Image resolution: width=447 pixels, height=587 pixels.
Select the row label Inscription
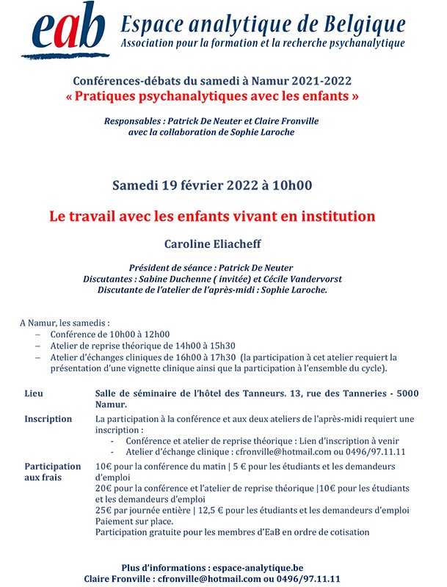click(x=48, y=419)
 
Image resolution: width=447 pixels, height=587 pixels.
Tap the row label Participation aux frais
click(x=52, y=472)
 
